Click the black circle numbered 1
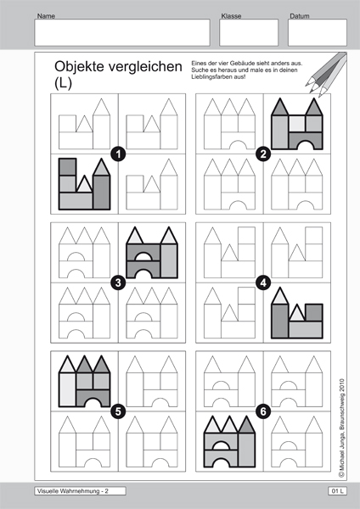[x=118, y=154]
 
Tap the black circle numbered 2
[x=263, y=154]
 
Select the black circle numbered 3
[x=118, y=282]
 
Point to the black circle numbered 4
[x=263, y=282]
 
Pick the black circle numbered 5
[x=118, y=411]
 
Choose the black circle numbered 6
[x=263, y=411]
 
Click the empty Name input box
[x=122, y=32]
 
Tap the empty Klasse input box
[x=249, y=32]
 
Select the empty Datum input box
[x=318, y=32]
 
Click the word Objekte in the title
[x=80, y=67]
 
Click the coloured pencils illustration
[x=326, y=75]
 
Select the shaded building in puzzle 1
[x=84, y=184]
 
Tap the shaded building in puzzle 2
[x=297, y=124]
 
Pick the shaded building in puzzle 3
[x=152, y=253]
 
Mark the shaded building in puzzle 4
[x=297, y=313]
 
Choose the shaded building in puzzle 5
[x=84, y=381]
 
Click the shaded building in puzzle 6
[x=229, y=441]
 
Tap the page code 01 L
[x=337, y=491]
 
